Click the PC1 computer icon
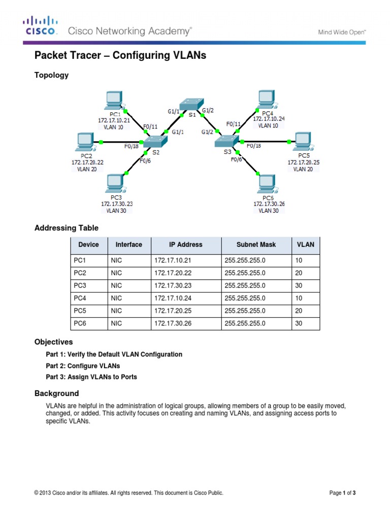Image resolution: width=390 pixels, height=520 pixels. (113, 100)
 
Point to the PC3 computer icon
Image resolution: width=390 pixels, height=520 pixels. (116, 182)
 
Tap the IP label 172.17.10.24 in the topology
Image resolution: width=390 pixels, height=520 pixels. (269, 119)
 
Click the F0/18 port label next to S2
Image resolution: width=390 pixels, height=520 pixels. (131, 146)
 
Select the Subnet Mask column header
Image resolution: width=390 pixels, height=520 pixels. (256, 244)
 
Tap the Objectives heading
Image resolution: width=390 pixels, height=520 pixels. (53, 342)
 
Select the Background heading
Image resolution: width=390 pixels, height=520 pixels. (56, 393)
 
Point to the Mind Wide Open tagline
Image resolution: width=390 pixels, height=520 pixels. (342, 32)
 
